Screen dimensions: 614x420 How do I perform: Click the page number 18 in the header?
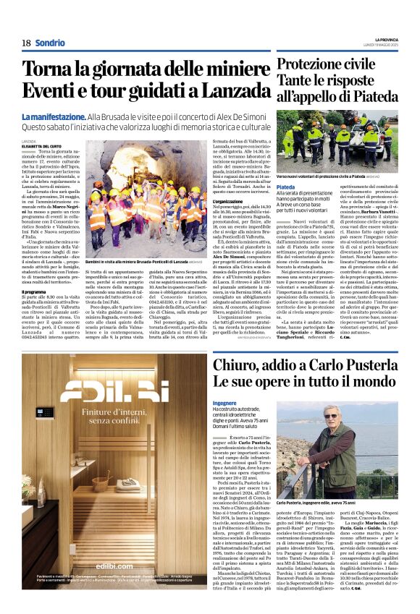pos(26,43)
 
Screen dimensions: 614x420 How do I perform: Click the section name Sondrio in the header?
pos(50,43)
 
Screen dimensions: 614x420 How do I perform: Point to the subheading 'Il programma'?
pos(35,292)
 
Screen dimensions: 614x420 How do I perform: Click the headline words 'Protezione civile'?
pos(324,65)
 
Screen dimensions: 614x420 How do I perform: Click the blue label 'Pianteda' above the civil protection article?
pos(286,187)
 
